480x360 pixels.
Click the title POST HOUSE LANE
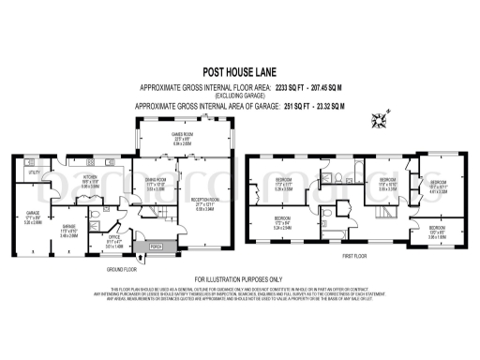click(239, 69)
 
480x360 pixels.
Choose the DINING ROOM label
click(155, 186)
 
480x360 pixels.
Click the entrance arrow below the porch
click(155, 260)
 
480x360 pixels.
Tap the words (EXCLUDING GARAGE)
click(239, 96)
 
